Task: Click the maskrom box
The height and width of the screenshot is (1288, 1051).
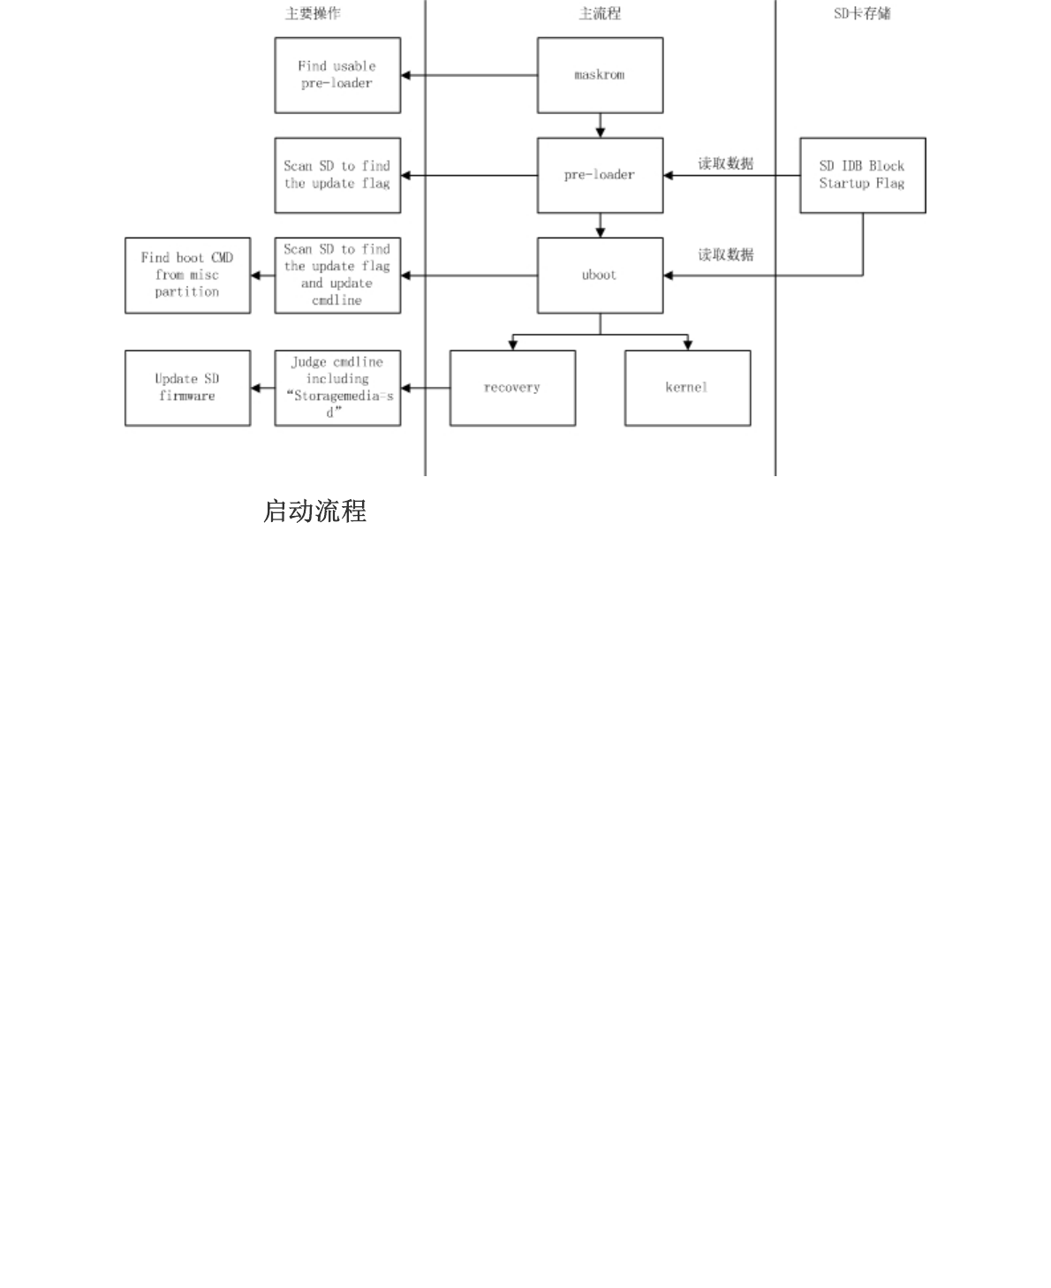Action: coord(600,75)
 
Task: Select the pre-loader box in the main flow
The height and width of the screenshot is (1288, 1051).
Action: coord(600,175)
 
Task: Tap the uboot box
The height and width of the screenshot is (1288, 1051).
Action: coord(600,275)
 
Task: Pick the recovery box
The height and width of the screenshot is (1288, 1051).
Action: coord(512,388)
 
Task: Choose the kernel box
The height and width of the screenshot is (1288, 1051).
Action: coord(687,388)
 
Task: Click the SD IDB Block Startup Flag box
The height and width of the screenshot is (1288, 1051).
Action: coord(862,175)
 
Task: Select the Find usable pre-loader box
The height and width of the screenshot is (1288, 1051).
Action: coord(337,75)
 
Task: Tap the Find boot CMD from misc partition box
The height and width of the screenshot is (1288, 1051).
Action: coord(187,275)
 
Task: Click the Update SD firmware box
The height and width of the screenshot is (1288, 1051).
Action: coord(187,388)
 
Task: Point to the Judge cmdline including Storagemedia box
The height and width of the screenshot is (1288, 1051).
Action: coord(337,388)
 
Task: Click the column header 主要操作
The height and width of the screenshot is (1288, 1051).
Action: coord(313,13)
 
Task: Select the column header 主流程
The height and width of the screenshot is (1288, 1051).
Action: coord(600,13)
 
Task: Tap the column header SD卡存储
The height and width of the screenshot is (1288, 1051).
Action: coord(862,13)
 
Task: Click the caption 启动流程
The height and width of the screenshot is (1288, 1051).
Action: coord(314,511)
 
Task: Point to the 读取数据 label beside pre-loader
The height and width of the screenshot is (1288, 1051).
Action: coord(726,163)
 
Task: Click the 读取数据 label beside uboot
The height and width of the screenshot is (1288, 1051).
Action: coord(726,254)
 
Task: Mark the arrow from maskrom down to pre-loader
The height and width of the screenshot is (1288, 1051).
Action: coord(601,125)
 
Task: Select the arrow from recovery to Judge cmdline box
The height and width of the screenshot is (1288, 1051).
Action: coord(426,388)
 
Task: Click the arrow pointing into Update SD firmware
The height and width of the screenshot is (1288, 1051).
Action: coord(262,388)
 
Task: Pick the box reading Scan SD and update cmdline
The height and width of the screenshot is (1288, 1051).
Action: coord(337,275)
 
